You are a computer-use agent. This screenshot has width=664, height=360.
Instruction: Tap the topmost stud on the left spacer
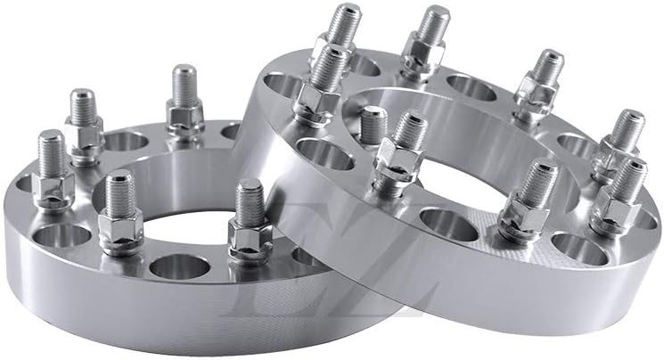[184, 89]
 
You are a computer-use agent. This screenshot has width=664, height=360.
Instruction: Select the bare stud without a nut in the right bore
[373, 125]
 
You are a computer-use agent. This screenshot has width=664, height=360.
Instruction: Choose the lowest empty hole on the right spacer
[579, 250]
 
